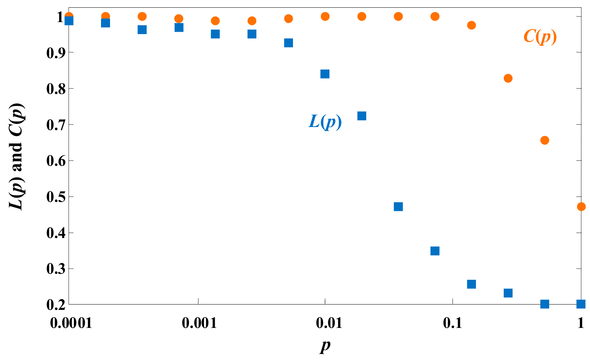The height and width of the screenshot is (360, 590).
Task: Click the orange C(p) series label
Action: pos(540,36)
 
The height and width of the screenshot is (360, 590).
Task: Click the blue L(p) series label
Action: pos(325,122)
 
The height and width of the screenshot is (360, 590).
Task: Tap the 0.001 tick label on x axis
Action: pos(199,323)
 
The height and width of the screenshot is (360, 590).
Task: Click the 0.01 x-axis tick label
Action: pos(325,323)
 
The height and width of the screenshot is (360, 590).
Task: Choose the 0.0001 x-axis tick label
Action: pos(71,323)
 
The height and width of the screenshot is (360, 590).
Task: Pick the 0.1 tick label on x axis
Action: pos(452,323)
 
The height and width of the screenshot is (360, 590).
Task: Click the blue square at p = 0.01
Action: pos(325,74)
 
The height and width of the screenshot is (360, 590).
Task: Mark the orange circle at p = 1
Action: pos(581,207)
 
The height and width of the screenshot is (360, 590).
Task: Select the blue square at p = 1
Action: pos(581,304)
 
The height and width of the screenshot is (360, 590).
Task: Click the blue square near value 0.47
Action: pos(398,207)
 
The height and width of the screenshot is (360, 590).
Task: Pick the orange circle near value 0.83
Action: pos(508,79)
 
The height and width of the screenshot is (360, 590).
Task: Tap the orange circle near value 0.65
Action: pos(545,140)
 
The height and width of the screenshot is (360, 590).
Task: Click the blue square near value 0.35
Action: pos(435,251)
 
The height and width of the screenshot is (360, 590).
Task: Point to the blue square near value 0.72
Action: pos(362,116)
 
